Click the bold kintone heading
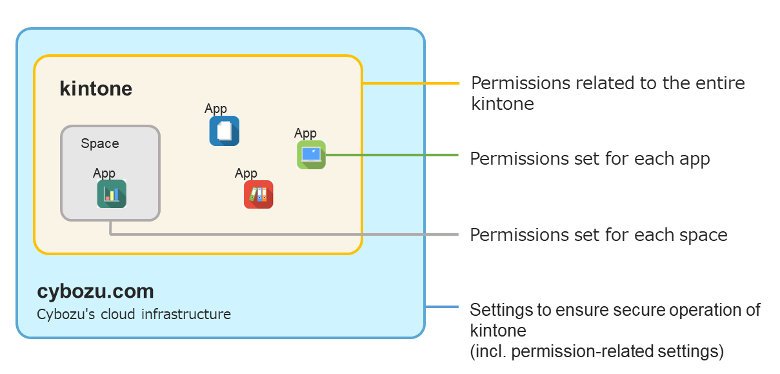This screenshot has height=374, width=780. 95,88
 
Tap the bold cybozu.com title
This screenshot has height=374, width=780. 95,291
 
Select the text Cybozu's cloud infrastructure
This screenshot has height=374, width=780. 134,315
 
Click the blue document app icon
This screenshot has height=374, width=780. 224,131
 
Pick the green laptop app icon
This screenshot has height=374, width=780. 311,155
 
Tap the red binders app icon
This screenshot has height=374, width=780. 258,194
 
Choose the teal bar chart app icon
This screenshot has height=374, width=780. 112,194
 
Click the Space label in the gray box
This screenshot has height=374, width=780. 99,143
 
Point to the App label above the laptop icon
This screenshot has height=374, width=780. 305,133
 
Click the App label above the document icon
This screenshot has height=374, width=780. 215,109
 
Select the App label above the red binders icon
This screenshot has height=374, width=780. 246,173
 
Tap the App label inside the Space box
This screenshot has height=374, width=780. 104,173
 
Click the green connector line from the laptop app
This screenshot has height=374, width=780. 391,155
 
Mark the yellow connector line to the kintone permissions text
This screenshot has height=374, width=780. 410,83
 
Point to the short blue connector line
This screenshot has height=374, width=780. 442,307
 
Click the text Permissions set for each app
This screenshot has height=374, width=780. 590,159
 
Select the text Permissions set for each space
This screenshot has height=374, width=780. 598,234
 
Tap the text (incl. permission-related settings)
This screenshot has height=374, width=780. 597,351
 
